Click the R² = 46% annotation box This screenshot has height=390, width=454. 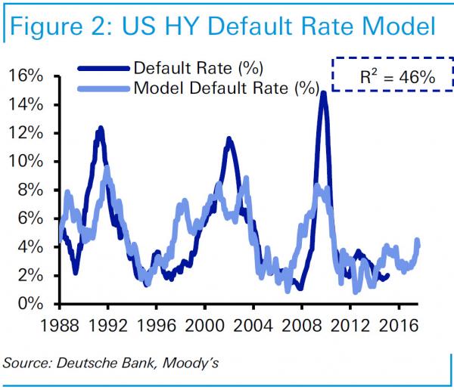(386, 74)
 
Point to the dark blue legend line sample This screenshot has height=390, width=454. (105, 68)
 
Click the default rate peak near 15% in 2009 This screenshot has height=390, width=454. (323, 93)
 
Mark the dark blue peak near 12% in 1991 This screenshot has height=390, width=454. (99, 129)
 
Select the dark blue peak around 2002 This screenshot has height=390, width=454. (228, 139)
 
